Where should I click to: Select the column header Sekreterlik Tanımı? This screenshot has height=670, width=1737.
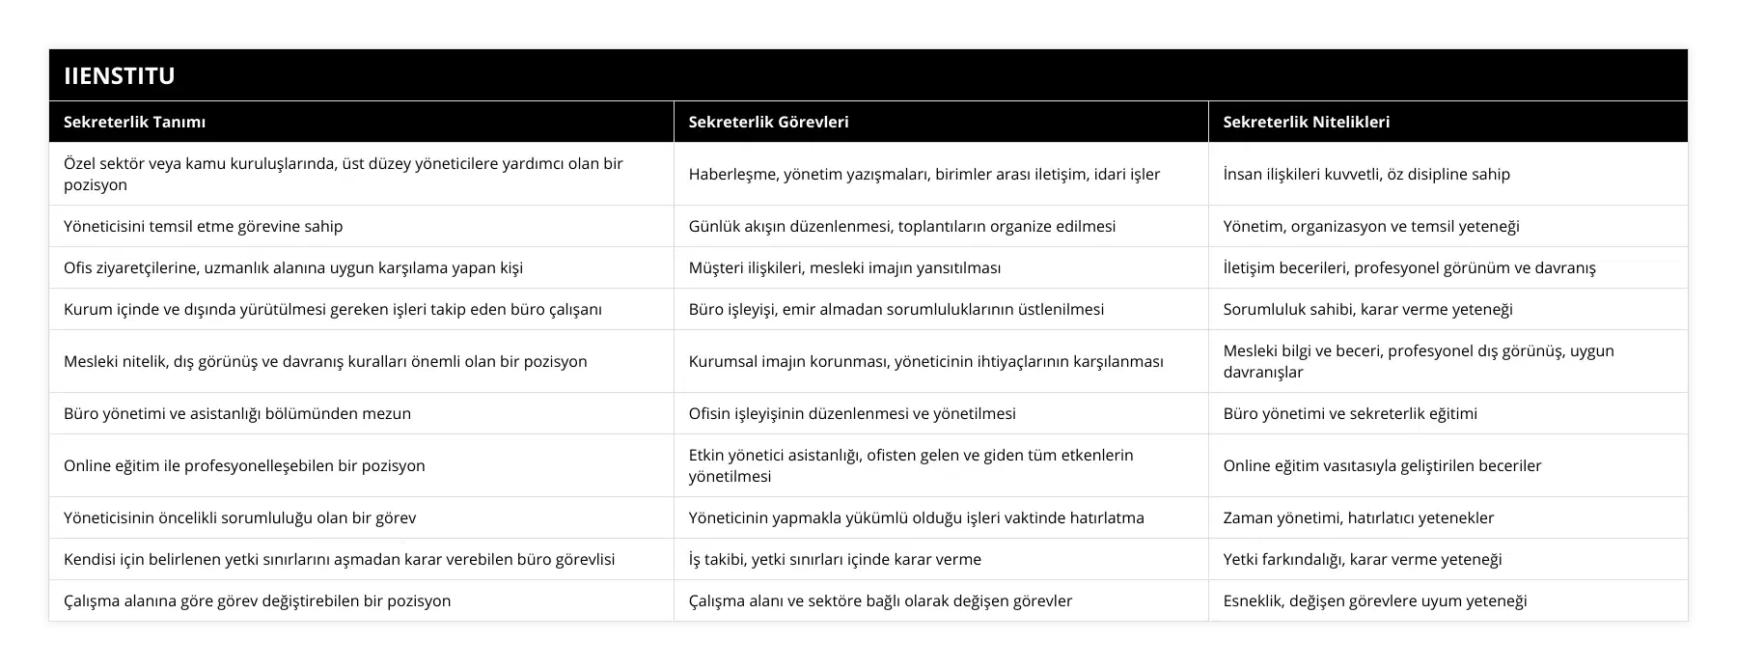134,122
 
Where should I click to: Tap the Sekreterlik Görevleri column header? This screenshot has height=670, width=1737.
768,122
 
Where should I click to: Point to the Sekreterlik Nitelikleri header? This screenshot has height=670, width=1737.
1306,122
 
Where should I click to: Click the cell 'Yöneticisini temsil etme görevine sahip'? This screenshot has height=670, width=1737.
203,226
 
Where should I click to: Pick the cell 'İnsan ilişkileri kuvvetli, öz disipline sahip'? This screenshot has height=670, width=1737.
1366,174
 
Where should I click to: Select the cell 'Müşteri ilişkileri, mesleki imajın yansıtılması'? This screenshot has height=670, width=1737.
844,267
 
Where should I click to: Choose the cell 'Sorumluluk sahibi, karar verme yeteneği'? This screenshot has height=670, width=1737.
1367,309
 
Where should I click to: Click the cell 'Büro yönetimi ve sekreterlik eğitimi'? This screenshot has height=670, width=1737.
1350,413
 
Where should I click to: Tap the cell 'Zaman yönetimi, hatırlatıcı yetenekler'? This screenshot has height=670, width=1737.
1358,517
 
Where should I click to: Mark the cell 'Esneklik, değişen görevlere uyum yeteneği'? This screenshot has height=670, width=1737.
1374,600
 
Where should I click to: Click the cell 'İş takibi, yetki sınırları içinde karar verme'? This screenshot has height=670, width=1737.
835,559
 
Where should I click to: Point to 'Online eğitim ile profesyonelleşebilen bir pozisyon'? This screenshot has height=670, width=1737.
244,465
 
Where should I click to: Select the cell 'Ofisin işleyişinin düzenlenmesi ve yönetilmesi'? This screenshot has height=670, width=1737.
852,413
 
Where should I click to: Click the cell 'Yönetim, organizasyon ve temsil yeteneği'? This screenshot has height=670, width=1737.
1371,226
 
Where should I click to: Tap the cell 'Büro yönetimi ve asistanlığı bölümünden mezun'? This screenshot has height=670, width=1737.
237,413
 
